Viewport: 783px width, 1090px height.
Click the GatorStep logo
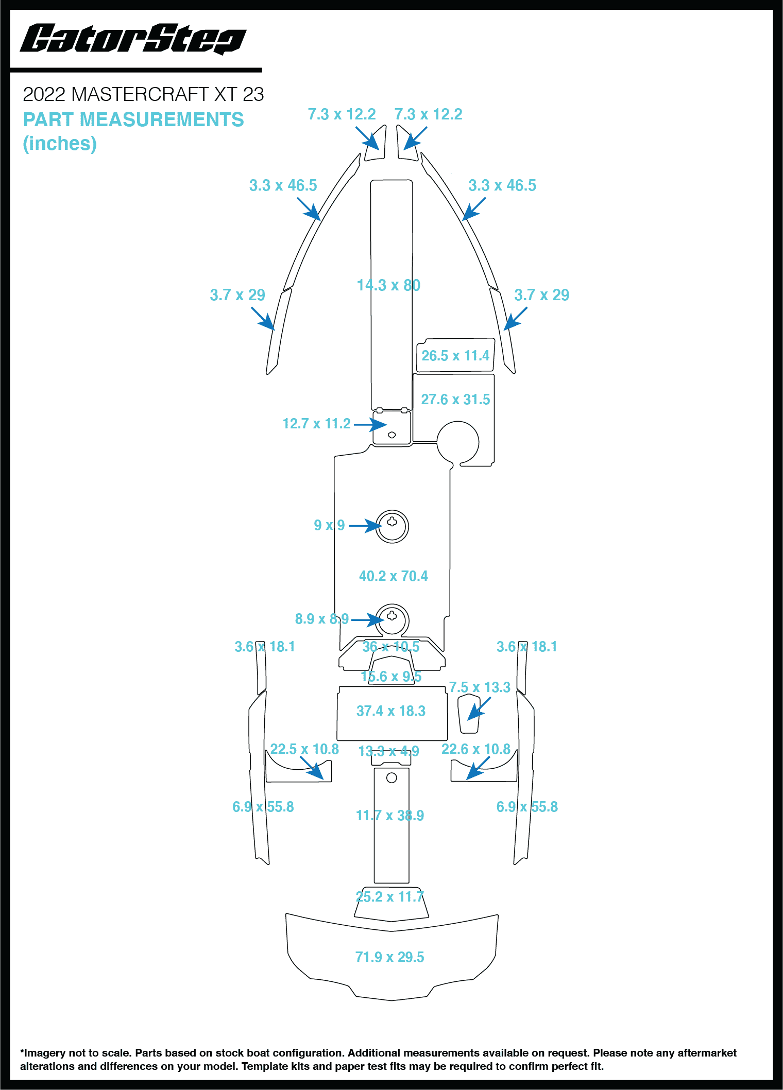pos(133,39)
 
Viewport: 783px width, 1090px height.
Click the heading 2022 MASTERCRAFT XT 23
pos(143,94)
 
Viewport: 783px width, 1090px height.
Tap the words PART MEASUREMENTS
pos(133,119)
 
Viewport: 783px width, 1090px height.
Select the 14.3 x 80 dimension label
pos(388,285)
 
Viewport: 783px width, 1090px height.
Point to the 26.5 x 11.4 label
pos(455,356)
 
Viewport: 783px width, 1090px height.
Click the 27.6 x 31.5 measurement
pos(455,400)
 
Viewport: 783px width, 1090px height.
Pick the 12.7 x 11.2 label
pos(316,424)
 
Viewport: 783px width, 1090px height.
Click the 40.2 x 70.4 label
pos(394,576)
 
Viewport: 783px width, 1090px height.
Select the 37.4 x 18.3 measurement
pos(391,711)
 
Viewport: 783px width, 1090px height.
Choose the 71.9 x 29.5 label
pos(390,957)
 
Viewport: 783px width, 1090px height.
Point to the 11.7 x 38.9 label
pos(390,816)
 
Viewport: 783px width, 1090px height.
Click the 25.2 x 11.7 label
pos(390,897)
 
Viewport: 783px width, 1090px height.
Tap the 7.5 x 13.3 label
pos(480,687)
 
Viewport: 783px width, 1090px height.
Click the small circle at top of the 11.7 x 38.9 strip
pos(391,777)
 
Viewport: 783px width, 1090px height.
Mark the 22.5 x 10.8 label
pos(304,749)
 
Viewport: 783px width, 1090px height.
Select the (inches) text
pos(60,144)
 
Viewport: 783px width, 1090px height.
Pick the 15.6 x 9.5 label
pos(391,677)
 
